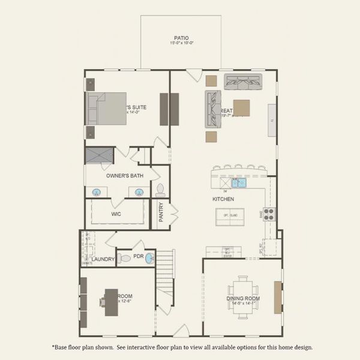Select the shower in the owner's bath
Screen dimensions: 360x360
click(98, 155)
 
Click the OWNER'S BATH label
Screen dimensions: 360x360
click(125, 176)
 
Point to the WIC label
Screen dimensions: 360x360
click(117, 213)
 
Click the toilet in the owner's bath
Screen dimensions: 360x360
click(160, 190)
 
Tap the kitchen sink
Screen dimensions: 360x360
click(238, 183)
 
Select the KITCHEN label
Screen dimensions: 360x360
click(223, 199)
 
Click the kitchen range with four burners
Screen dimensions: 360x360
click(269, 214)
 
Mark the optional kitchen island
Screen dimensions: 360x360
click(230, 215)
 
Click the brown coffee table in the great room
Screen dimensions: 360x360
click(242, 107)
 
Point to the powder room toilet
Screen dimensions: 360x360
click(124, 259)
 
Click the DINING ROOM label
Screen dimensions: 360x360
click(244, 299)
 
